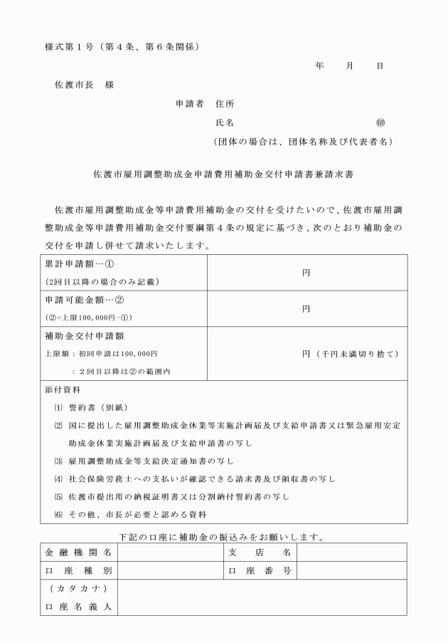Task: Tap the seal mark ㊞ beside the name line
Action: [x=380, y=122]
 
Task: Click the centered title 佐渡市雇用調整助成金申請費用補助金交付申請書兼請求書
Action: [x=224, y=173]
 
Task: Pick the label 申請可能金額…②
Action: [x=79, y=300]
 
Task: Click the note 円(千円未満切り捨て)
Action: [x=349, y=353]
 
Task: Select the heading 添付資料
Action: [x=63, y=390]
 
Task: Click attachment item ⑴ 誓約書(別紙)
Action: [x=97, y=408]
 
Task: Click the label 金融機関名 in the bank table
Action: [x=78, y=553]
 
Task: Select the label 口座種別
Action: [x=78, y=570]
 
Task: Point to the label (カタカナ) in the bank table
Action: [x=78, y=588]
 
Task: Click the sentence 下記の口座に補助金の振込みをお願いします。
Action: [x=223, y=535]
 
